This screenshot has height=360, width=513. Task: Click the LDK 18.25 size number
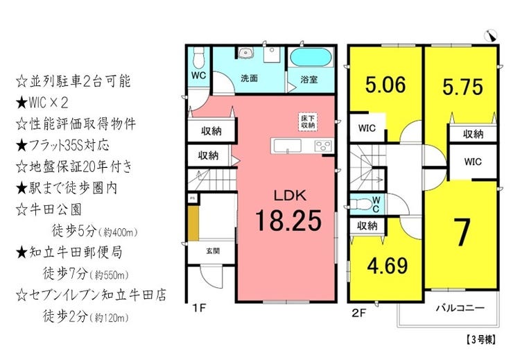(287, 220)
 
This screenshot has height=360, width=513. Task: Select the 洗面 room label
(250, 78)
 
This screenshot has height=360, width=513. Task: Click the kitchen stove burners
(323, 146)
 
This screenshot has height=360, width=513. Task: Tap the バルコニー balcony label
(460, 307)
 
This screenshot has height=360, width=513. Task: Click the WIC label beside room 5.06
(367, 128)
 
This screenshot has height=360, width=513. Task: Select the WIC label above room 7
(473, 162)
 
